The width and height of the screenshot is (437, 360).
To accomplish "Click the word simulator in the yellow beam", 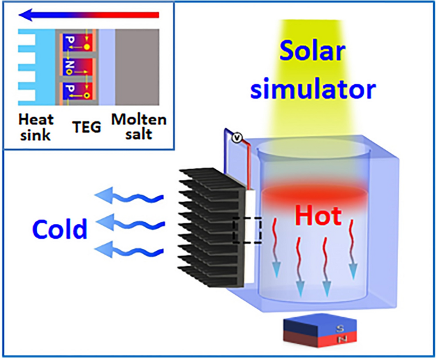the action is (313, 89).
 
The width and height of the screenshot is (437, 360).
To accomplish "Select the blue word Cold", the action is (61, 229).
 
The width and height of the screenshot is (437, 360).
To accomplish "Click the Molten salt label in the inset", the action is (139, 126).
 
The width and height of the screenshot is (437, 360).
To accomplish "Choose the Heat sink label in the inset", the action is (36, 126).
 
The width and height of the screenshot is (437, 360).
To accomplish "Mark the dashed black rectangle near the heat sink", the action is (247, 230).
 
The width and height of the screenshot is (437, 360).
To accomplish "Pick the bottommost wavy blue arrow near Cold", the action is (125, 248).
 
